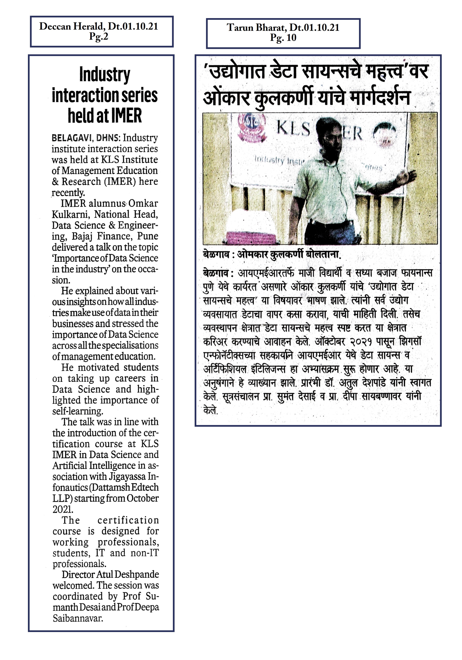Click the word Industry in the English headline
pyautogui.click(x=104, y=75)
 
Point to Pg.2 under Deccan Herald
pyautogui.click(x=98, y=36)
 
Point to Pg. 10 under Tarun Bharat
pyautogui.click(x=283, y=38)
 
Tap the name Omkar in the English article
pyautogui.click(x=143, y=203)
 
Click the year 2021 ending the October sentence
pyautogui.click(x=62, y=509)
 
